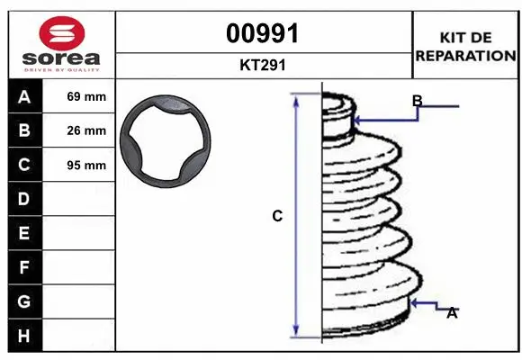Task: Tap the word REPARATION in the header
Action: click(466, 55)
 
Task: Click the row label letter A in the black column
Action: click(23, 96)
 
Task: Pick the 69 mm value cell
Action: click(86, 96)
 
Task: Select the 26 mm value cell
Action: click(86, 130)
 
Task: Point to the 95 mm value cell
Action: click(86, 166)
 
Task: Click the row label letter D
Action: click(23, 199)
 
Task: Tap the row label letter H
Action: click(23, 336)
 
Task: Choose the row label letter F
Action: click(23, 267)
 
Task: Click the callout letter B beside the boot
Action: click(418, 101)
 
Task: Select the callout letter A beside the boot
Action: click(453, 313)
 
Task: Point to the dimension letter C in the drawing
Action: click(277, 216)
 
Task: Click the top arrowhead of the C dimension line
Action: click(296, 98)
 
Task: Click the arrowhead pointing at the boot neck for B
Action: click(358, 118)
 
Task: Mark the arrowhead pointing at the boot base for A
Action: click(414, 303)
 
